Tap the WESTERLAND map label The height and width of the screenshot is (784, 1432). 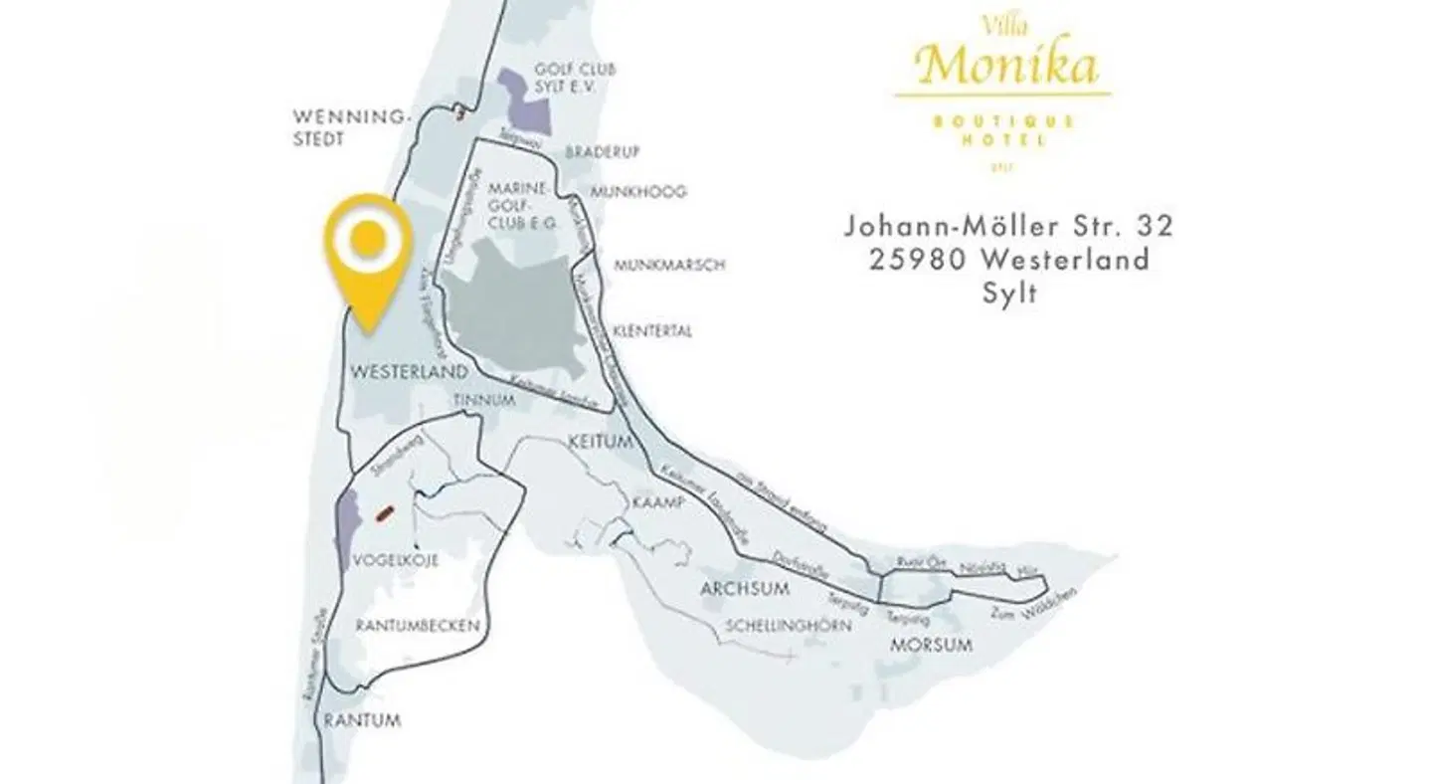(x=409, y=372)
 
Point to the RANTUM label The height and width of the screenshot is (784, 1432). (x=360, y=720)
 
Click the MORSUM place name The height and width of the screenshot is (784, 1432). (x=931, y=646)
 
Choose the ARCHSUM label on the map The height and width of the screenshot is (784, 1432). (x=745, y=589)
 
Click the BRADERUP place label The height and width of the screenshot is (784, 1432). (x=602, y=152)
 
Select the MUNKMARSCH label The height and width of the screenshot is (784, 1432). (x=669, y=266)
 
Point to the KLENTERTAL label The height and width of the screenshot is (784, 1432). (x=652, y=331)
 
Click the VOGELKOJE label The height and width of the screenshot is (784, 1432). (x=396, y=561)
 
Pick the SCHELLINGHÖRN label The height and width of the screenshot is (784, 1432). (x=788, y=627)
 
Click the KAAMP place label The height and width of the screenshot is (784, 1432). (x=658, y=503)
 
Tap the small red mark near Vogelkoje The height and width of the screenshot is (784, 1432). (x=383, y=514)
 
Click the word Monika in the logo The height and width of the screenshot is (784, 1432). (x=1007, y=66)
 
